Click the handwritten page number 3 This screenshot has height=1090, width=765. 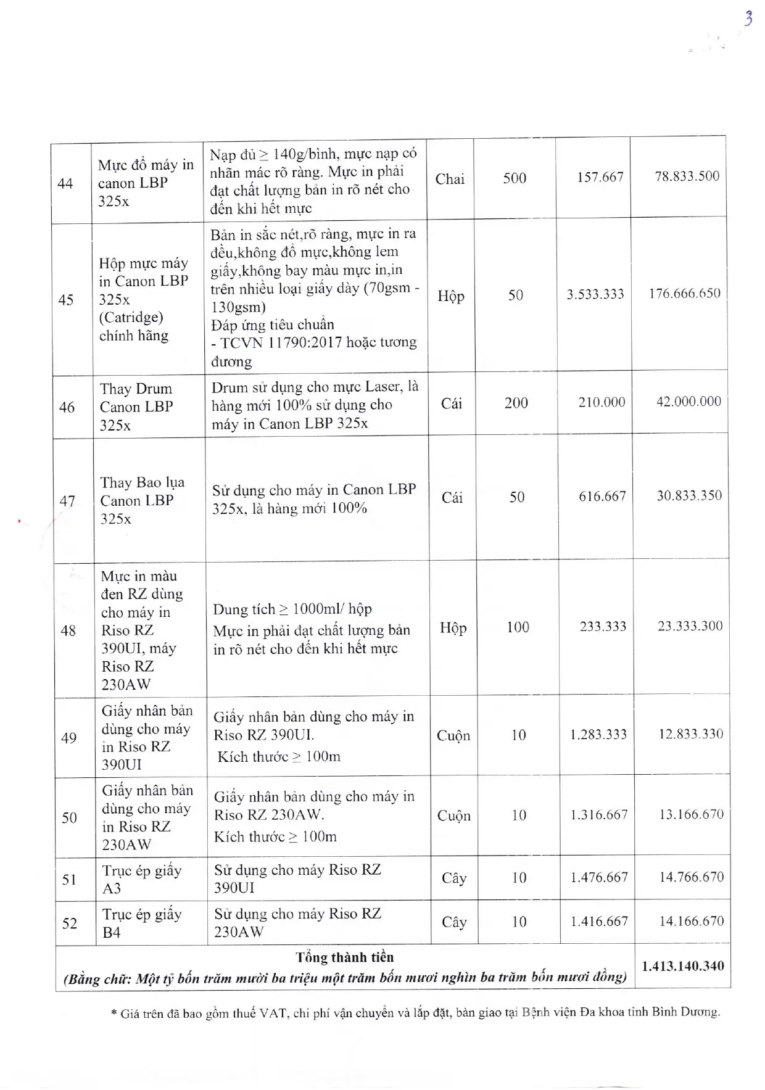(748, 19)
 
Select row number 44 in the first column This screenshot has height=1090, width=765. (65, 183)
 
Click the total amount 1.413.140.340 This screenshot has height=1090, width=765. (683, 966)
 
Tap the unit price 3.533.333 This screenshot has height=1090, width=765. (595, 294)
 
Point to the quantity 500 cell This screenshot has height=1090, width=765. (515, 178)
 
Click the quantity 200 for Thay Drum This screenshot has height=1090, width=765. (516, 403)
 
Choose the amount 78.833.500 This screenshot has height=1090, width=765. (687, 176)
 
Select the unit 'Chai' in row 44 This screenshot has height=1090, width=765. (450, 180)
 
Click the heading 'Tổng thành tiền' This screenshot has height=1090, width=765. (344, 957)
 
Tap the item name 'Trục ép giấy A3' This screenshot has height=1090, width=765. (142, 879)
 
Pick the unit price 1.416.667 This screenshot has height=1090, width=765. (599, 921)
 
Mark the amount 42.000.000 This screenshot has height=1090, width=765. (688, 402)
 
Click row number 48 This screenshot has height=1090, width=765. (68, 630)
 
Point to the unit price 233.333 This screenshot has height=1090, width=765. (603, 627)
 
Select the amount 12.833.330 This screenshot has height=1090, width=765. (691, 734)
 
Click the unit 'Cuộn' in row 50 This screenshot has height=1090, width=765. (453, 815)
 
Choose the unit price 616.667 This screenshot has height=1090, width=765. (602, 496)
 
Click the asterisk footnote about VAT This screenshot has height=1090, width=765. (415, 1012)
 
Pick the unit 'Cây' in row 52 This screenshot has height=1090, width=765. (454, 922)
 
